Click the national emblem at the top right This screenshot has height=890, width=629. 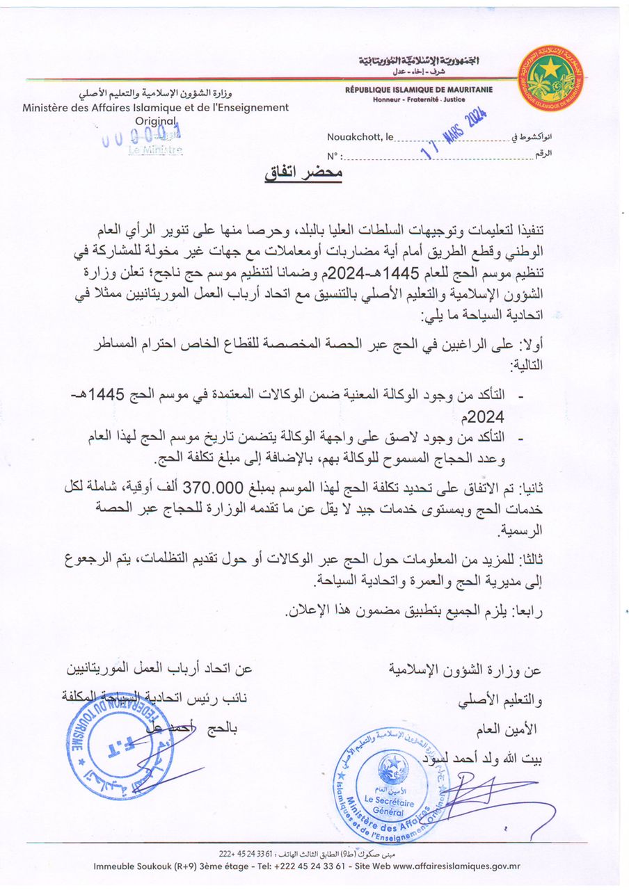point(551,78)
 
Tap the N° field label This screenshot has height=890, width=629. point(334,156)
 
